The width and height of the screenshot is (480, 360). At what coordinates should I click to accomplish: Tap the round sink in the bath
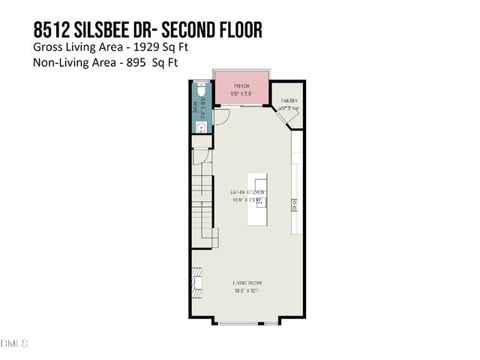(201, 127)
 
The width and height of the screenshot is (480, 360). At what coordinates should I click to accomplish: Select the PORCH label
(241, 86)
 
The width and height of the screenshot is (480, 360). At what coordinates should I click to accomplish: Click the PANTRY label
(289, 100)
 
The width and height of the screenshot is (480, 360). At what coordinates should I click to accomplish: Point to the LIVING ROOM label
(247, 283)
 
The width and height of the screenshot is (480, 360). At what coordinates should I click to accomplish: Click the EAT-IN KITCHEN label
(247, 193)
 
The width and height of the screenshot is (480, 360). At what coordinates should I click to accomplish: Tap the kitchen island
(257, 200)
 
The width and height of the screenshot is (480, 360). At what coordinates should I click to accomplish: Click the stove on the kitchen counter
(296, 202)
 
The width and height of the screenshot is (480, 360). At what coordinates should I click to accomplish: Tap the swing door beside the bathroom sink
(221, 117)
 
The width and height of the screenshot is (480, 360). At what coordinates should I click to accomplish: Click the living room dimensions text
(247, 290)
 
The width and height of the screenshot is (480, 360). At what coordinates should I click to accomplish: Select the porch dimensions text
(241, 93)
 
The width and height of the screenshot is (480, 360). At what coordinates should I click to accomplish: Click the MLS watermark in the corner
(14, 343)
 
